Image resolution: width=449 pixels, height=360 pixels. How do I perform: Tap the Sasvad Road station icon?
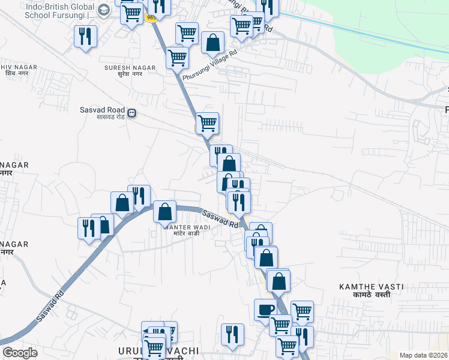click(131, 113)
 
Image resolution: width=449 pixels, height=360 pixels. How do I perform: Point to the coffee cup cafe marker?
click(265, 310)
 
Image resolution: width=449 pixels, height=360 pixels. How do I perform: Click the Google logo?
click(20, 352)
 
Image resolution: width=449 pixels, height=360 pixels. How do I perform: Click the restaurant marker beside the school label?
click(85, 37)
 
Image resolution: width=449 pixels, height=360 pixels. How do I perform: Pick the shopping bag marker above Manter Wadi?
click(164, 211)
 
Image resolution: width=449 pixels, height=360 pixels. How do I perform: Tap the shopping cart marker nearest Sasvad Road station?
click(207, 123)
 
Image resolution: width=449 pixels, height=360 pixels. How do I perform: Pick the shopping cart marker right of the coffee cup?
click(302, 311)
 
